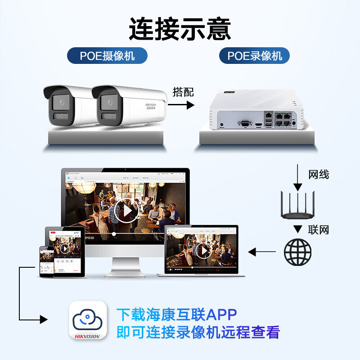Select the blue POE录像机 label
[254, 56]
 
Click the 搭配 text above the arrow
[183, 92]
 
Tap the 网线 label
[318, 174]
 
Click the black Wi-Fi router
[297, 205]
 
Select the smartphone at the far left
[47, 261]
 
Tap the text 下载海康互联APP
[176, 314]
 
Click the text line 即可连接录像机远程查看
[198, 332]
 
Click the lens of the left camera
[59, 102]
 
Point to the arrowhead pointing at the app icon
[44, 319]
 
